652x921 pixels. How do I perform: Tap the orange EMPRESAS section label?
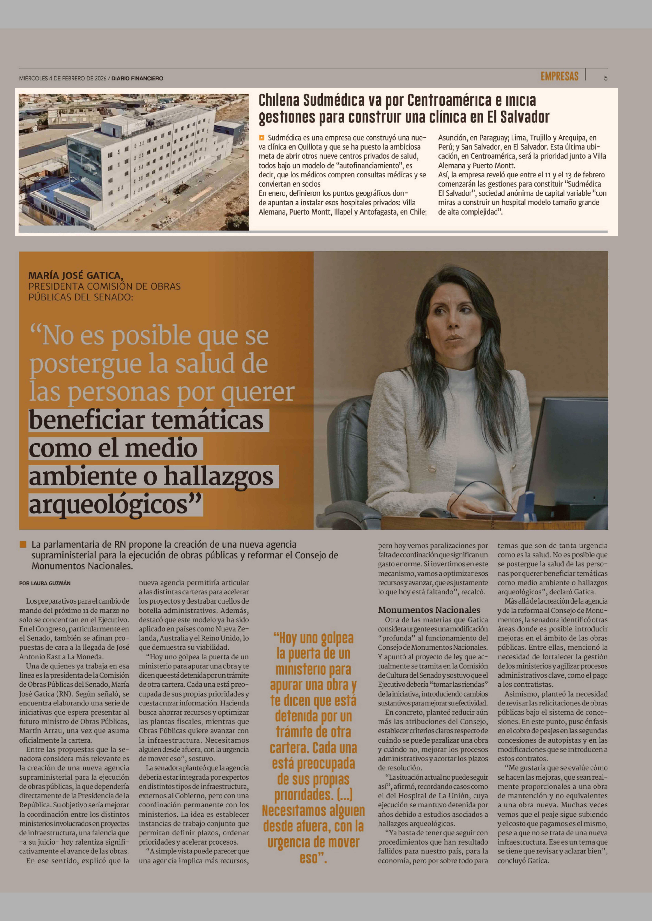click(559, 76)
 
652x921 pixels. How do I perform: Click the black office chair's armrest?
click(349, 511)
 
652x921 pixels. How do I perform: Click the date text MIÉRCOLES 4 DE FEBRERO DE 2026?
click(63, 79)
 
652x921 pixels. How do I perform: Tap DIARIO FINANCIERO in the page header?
click(137, 79)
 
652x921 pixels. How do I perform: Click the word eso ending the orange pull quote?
click(308, 858)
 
